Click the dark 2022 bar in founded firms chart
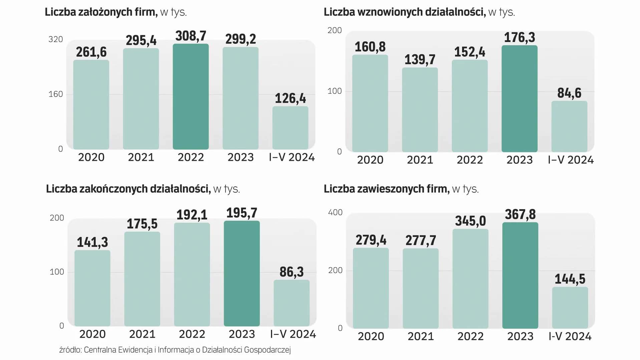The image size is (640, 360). [x=191, y=97]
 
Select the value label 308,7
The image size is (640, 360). [x=191, y=36]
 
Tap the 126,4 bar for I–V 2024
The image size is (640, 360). [x=290, y=128]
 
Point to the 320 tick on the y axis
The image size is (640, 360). [x=55, y=39]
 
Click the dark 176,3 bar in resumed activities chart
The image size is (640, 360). [x=519, y=99]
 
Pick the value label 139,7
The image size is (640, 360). [x=420, y=60]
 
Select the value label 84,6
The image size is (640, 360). [x=569, y=93]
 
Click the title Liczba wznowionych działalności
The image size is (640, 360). [x=404, y=12]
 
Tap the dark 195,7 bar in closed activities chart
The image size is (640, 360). [x=242, y=274]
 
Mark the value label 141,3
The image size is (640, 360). [x=92, y=242]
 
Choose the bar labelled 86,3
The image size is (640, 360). [x=291, y=303]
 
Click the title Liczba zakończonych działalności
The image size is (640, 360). [x=128, y=189]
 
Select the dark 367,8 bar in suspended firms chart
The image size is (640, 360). [x=520, y=276]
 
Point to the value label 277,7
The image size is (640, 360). [x=420, y=241]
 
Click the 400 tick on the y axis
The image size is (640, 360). [x=335, y=213]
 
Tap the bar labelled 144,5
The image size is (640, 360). [x=570, y=308]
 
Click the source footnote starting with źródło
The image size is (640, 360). [x=175, y=350]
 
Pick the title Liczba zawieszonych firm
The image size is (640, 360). [x=386, y=189]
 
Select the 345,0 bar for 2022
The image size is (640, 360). [x=470, y=279]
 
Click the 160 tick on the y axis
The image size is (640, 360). [x=55, y=94]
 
